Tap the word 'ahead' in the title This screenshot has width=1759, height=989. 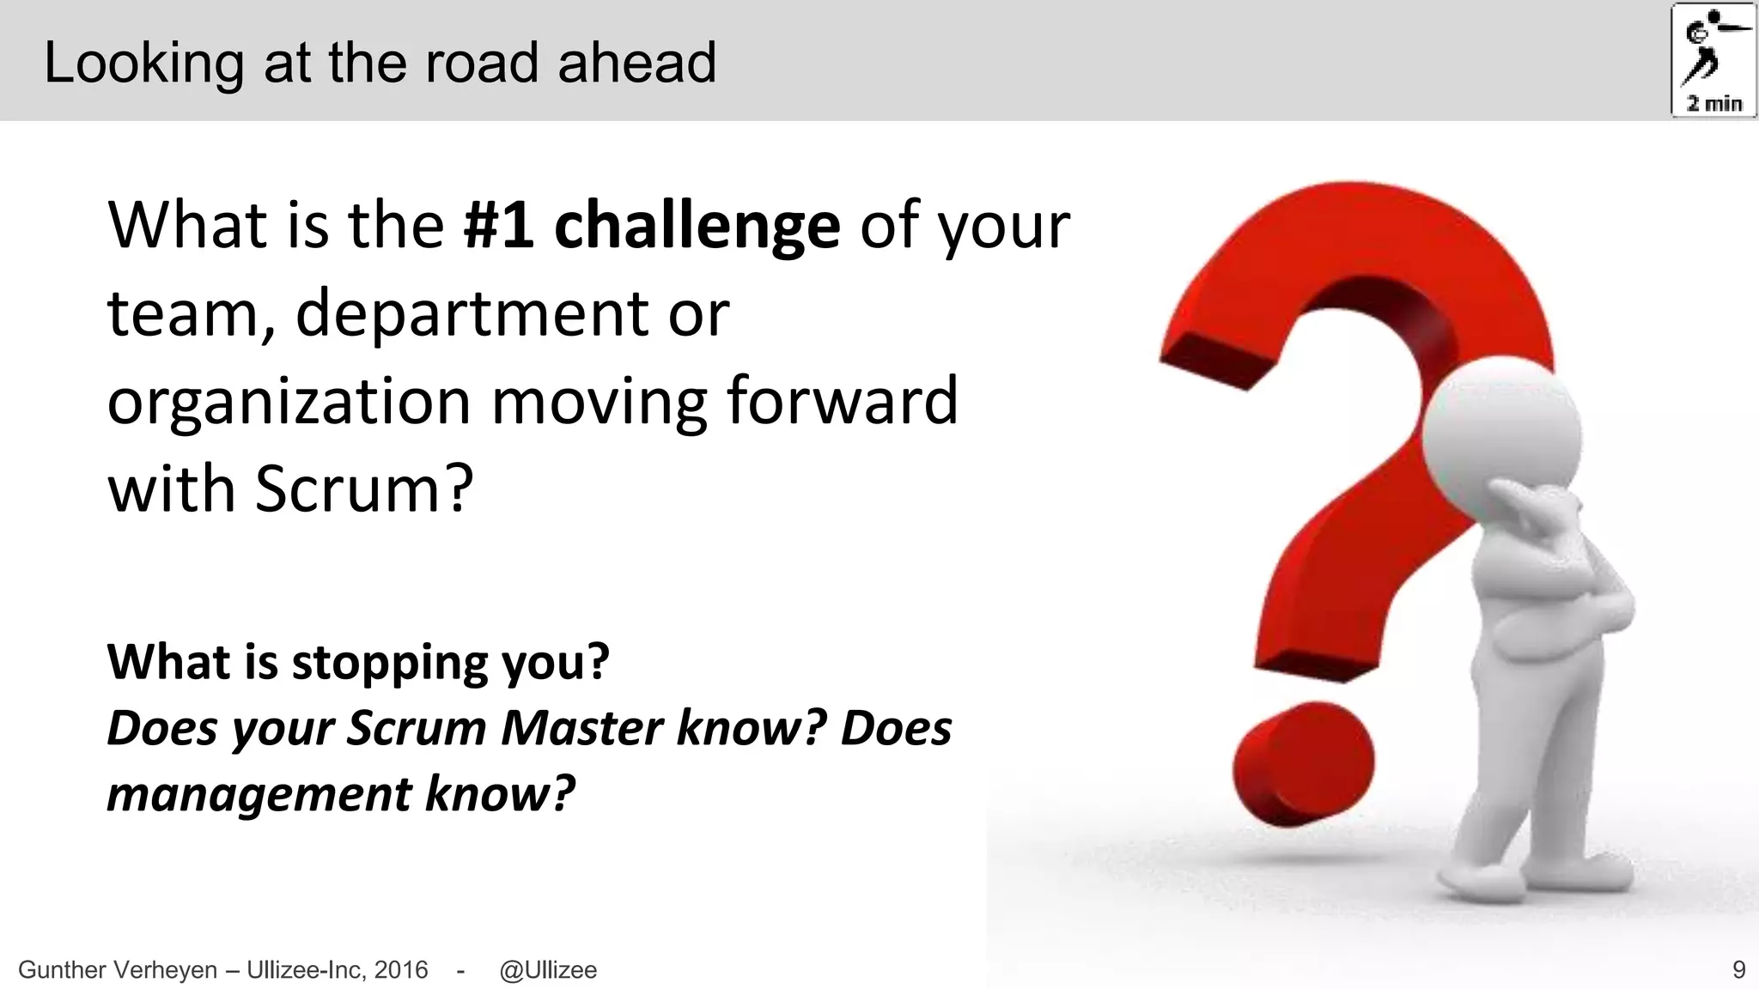(636, 64)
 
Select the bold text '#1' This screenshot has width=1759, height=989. (499, 226)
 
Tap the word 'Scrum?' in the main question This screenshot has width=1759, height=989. (364, 489)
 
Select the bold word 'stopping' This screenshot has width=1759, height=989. (390, 664)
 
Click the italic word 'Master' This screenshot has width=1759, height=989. (582, 728)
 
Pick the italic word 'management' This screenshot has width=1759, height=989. (259, 794)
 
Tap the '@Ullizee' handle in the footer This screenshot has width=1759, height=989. (548, 970)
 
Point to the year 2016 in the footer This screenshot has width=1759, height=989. (401, 970)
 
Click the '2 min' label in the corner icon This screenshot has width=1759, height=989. (1714, 104)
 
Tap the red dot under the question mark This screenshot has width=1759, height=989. (1302, 763)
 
